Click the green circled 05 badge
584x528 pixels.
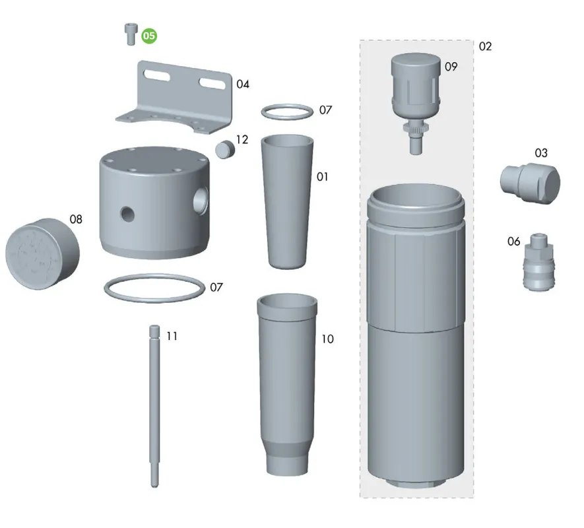[x=149, y=36]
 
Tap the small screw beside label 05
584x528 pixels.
[x=131, y=34]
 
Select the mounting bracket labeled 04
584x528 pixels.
[x=175, y=97]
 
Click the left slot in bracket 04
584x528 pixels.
[x=157, y=75]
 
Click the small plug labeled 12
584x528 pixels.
[x=225, y=149]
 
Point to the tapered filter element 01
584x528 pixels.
[x=287, y=201]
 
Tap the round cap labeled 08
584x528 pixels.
[x=42, y=253]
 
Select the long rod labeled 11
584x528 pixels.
[x=154, y=406]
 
